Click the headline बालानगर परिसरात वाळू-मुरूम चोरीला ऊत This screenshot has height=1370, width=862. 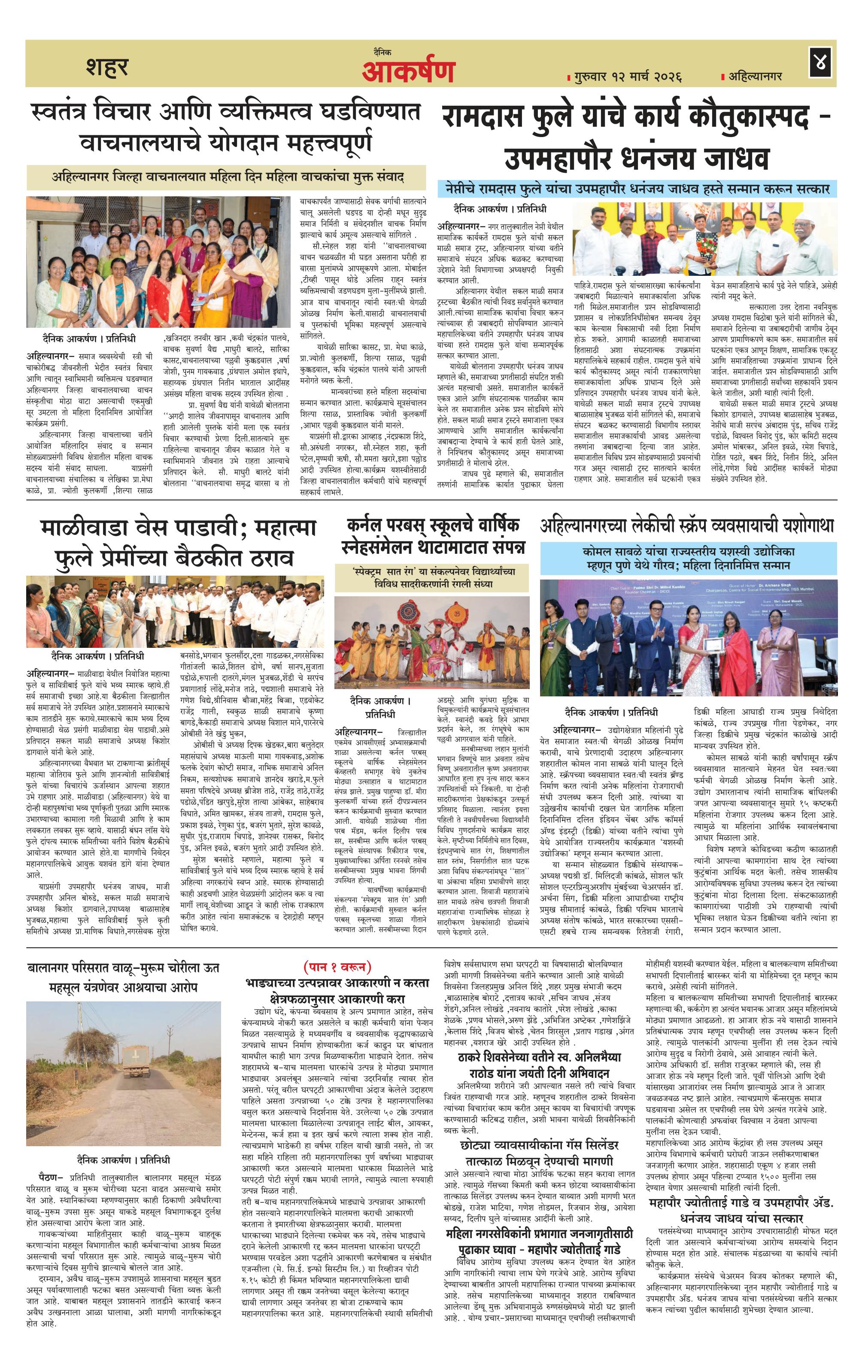click(x=123, y=968)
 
